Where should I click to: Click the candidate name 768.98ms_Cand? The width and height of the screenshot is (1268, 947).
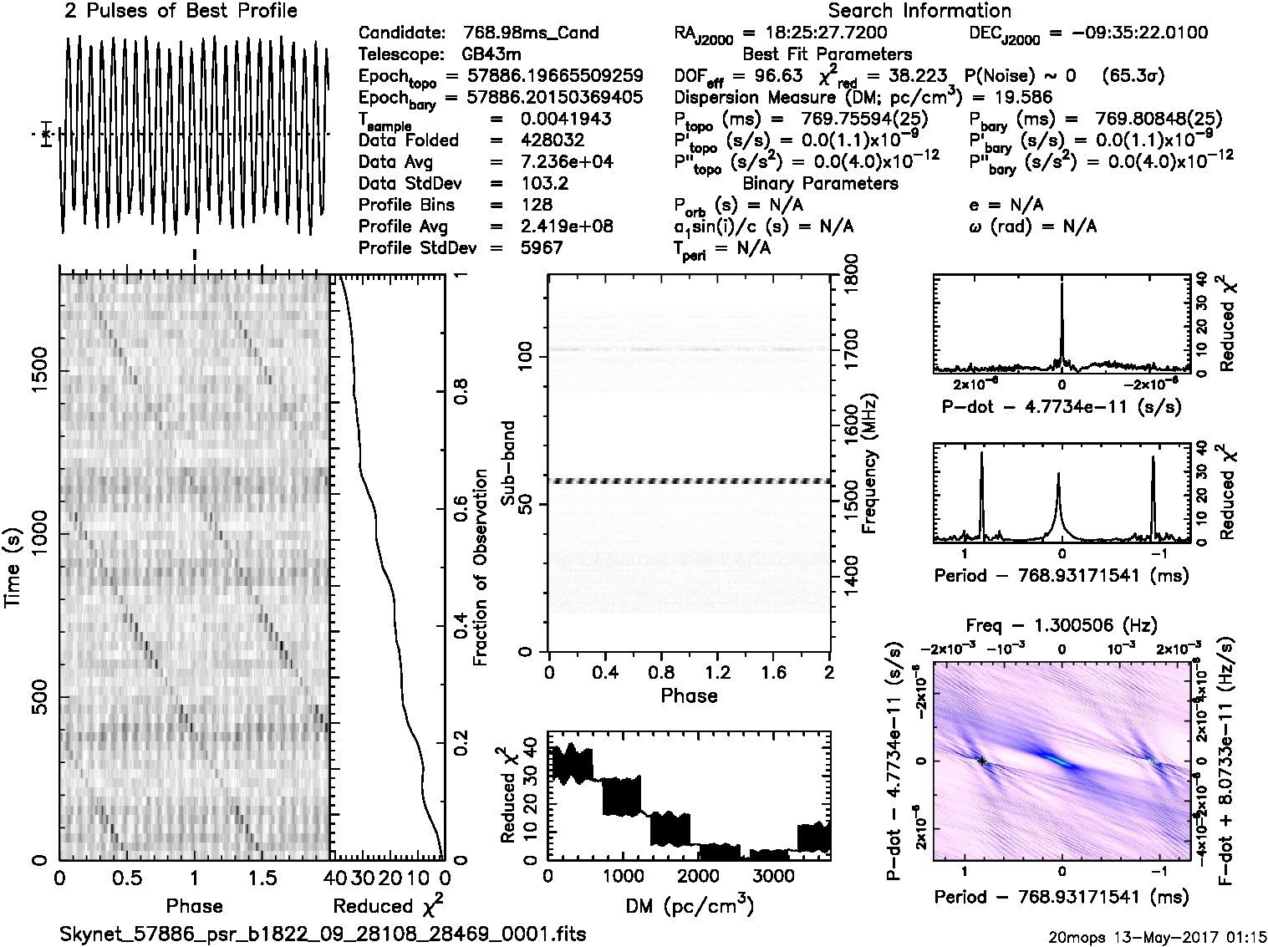531,33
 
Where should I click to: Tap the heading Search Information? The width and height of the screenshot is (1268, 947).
919,11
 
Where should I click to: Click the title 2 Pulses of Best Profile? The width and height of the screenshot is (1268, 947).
180,11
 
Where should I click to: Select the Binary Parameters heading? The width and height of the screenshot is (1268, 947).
820,183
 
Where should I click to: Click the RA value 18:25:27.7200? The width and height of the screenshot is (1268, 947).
815,33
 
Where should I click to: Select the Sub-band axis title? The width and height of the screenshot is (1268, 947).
511,462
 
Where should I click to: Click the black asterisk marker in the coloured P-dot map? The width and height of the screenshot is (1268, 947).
982,761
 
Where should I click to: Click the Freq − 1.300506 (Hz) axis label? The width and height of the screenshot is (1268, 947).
1062,625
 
